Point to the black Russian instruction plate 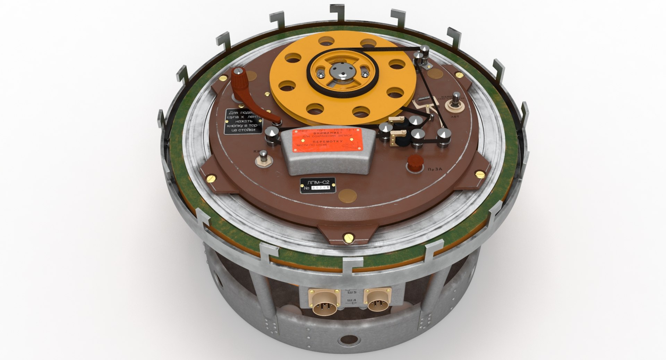click(244, 121)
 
